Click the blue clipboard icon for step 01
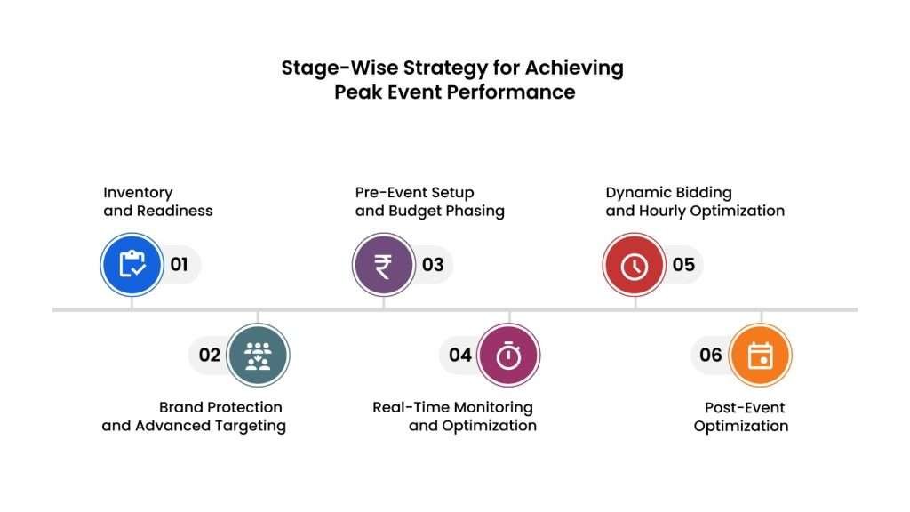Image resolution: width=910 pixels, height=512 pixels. coord(132,265)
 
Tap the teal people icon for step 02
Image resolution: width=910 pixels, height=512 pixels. coord(258,355)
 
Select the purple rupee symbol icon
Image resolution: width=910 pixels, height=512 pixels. coord(384,265)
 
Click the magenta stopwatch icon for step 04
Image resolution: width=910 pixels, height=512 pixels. coord(508,355)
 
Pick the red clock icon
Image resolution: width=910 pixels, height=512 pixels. coord(635,265)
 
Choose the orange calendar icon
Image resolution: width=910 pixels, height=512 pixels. coord(761,355)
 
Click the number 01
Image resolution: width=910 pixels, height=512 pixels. coord(179,265)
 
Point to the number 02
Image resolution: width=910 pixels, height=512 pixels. coord(210,355)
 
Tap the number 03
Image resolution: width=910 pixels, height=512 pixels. coord(433,265)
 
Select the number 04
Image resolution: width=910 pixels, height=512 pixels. coord(460,355)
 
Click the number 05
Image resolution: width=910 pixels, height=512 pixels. coord(683,265)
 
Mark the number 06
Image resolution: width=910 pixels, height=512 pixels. coord(711,355)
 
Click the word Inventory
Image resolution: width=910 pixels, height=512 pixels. coord(138,193)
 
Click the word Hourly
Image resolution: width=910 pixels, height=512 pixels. coord(663,211)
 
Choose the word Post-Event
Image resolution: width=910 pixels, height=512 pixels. coord(745,407)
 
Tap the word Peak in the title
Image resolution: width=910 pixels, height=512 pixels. coord(358,92)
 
